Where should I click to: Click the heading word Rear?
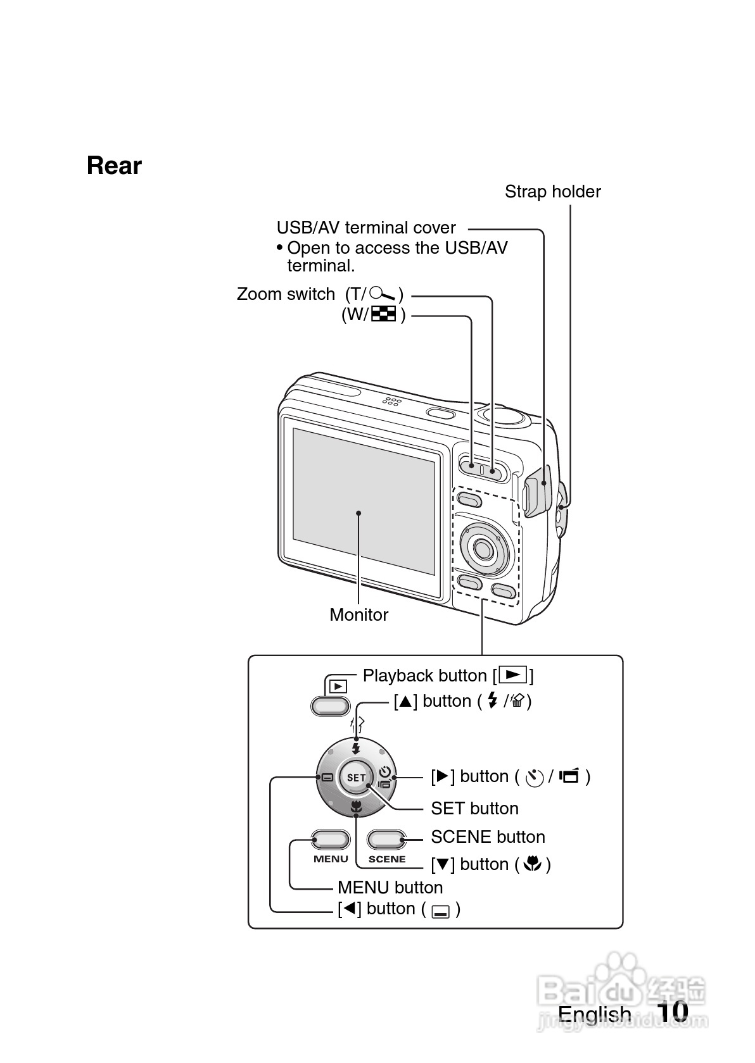pyautogui.click(x=114, y=166)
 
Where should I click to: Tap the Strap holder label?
pyautogui.click(x=552, y=192)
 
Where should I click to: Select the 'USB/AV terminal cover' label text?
pyautogui.click(x=366, y=228)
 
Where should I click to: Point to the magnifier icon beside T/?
pyautogui.click(x=383, y=294)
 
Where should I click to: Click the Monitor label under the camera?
pyautogui.click(x=358, y=614)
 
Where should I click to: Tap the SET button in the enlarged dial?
pyautogui.click(x=356, y=778)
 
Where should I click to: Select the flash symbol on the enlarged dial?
pyautogui.click(x=356, y=748)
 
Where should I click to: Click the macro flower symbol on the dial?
pyautogui.click(x=356, y=807)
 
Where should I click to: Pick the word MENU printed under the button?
pyautogui.click(x=331, y=859)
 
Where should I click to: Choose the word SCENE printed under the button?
pyautogui.click(x=386, y=859)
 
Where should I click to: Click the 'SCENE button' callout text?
pyautogui.click(x=488, y=837)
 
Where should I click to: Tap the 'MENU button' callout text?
pyautogui.click(x=390, y=888)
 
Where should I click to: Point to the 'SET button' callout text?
pyautogui.click(x=474, y=809)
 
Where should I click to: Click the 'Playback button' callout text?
pyautogui.click(x=424, y=676)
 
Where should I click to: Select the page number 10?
pyautogui.click(x=672, y=1012)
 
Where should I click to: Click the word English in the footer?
pyautogui.click(x=594, y=1014)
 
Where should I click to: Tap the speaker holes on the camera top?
pyautogui.click(x=391, y=401)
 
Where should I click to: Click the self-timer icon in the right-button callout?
pyautogui.click(x=535, y=777)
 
